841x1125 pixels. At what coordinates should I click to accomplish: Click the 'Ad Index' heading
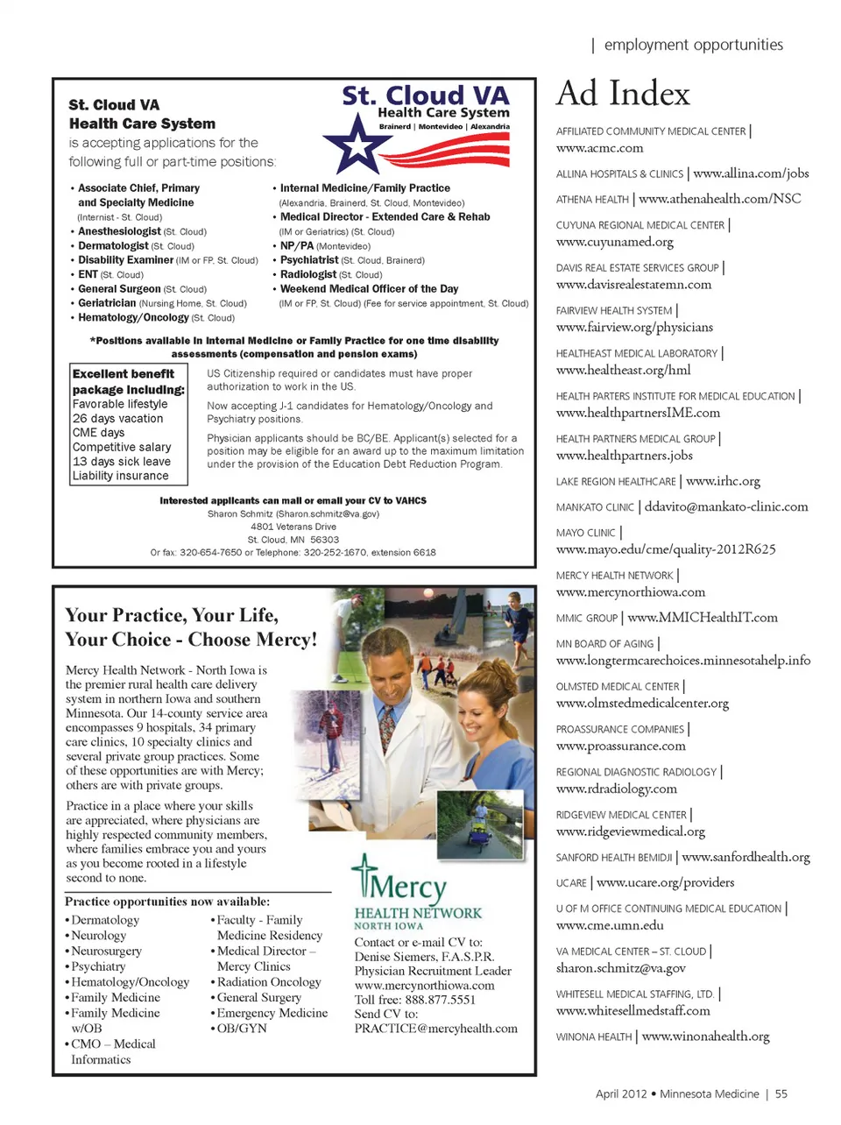[x=623, y=94]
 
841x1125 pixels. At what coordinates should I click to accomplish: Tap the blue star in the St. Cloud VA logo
[x=357, y=145]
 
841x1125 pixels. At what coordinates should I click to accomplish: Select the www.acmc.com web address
[x=599, y=148]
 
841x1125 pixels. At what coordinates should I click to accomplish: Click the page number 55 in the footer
[x=781, y=1093]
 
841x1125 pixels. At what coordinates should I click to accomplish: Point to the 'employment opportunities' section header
[x=693, y=45]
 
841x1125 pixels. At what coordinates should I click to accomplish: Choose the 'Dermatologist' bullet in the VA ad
[x=113, y=246]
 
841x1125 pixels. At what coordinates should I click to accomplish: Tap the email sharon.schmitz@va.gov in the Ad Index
[x=620, y=968]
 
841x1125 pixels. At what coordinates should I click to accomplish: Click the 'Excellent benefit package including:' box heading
[x=128, y=382]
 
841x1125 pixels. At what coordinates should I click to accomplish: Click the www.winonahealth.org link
[x=705, y=1037]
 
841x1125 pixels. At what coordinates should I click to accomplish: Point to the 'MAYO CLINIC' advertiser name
[x=585, y=533]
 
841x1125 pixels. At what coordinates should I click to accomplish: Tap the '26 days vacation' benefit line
[x=117, y=419]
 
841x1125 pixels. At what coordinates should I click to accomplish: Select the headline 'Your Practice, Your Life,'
[x=172, y=615]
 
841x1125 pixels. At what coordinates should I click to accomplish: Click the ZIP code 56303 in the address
[x=324, y=540]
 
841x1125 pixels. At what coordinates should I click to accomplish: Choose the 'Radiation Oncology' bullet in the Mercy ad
[x=269, y=982]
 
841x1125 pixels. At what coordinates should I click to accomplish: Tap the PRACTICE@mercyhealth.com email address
[x=435, y=1029]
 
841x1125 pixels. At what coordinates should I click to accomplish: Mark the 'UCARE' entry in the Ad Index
[x=571, y=883]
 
